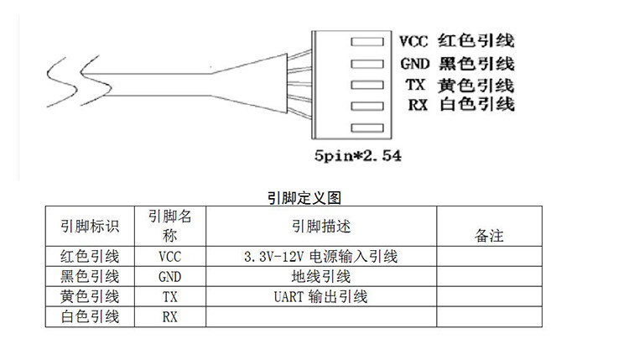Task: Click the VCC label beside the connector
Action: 413,41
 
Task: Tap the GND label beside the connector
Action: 415,64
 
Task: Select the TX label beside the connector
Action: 415,85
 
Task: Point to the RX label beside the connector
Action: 418,105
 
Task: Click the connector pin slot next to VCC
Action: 367,42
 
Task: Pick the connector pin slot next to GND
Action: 367,64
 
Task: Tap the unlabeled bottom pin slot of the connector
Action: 367,128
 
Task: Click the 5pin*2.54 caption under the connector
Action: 357,156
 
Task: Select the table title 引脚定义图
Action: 304,198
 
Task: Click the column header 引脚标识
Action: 90,227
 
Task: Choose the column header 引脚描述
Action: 321,227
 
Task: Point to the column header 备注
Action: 489,236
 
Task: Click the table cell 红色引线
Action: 90,257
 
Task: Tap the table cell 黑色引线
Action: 90,277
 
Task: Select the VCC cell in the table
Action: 169,257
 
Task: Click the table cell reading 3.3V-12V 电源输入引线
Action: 321,257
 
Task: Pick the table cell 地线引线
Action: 321,277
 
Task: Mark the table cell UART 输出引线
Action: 321,297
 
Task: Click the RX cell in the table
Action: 169,317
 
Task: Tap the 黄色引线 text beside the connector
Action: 476,85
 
